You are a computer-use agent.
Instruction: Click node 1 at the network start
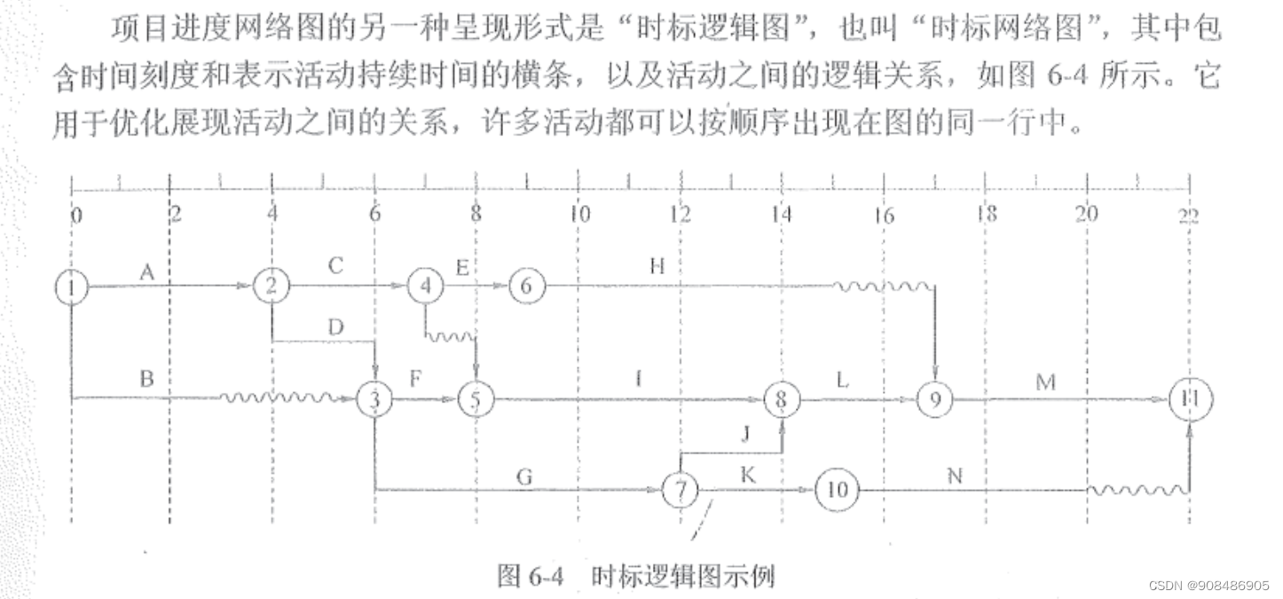pos(70,287)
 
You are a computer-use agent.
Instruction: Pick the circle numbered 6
pos(527,286)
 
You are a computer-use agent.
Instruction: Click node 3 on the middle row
pos(374,400)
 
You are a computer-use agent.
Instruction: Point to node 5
pos(476,401)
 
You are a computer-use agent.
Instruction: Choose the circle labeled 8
pos(781,400)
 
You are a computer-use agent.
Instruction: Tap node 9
pos(934,400)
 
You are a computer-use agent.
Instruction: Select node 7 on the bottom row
pos(681,490)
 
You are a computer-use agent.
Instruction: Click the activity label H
pos(657,265)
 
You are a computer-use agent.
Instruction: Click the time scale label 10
pos(579,214)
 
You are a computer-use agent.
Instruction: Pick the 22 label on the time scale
pos(1188,214)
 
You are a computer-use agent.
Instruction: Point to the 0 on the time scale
pos(75,214)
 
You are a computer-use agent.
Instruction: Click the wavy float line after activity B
pos(284,397)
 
